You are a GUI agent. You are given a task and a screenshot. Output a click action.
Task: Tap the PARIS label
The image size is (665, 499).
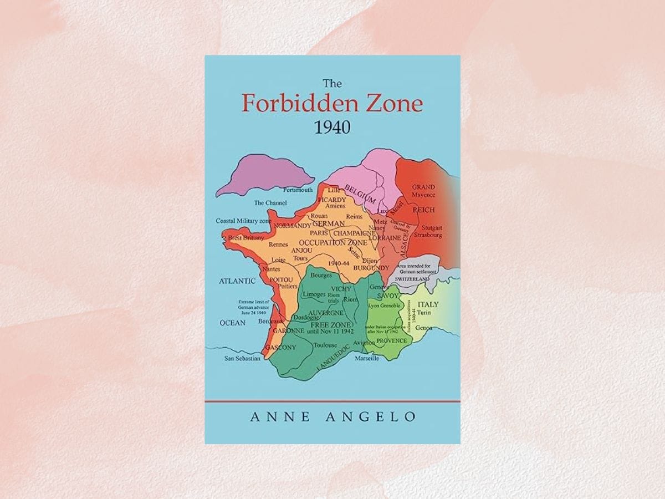[320, 233]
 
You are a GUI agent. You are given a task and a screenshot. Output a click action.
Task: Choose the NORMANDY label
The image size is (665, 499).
[293, 226]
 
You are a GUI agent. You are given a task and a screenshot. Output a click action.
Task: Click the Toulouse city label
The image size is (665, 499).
[325, 344]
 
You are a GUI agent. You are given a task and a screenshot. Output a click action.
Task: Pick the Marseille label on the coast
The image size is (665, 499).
[366, 359]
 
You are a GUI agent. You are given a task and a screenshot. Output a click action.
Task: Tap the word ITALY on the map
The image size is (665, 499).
[427, 304]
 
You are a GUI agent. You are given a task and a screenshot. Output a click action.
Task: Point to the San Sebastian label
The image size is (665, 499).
[242, 359]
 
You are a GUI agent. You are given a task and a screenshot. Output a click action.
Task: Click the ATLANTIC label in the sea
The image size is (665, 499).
[237, 281]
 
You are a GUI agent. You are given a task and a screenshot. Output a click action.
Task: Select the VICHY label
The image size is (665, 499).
[341, 289]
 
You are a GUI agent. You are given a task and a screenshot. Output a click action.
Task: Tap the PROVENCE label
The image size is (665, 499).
[392, 340]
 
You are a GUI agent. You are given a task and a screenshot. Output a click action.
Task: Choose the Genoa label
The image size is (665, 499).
[423, 327]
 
